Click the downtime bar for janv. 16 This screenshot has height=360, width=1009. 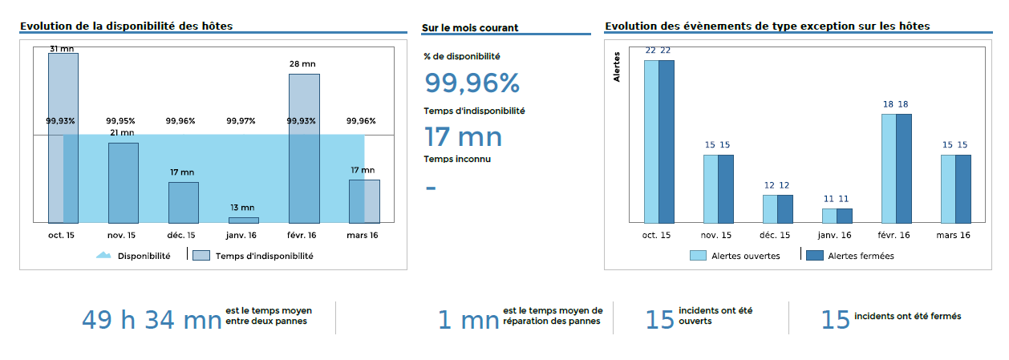244,220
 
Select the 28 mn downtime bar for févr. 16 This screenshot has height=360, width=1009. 304,148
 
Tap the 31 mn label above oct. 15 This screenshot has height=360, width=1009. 63,49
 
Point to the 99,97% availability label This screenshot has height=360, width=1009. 241,121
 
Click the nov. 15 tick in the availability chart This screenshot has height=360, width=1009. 121,235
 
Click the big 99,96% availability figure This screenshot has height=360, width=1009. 472,83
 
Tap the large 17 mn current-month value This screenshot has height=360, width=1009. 463,137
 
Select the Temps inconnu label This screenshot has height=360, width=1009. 457,159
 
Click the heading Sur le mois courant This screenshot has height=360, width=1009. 470,28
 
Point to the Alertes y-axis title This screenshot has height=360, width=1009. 617,67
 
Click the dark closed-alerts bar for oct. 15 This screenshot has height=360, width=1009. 666,141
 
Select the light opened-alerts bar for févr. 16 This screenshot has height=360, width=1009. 888,168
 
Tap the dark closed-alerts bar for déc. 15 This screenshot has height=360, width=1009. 784,208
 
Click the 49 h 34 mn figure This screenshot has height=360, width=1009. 152,320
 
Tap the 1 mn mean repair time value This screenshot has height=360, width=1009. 468,320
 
